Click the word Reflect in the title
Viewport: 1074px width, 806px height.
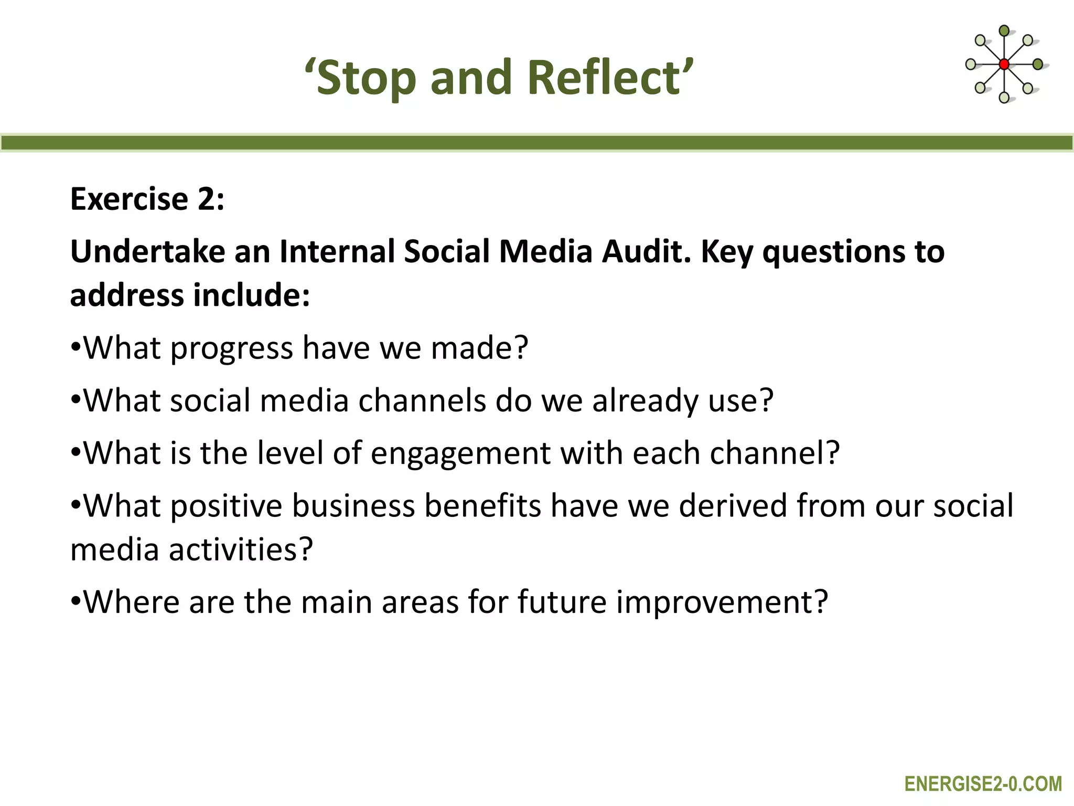click(x=604, y=78)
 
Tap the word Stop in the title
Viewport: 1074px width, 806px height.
click(x=367, y=79)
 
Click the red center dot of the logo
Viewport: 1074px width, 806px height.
click(x=1004, y=65)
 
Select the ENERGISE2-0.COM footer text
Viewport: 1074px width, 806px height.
click(x=983, y=784)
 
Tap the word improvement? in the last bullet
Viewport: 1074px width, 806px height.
click(x=722, y=602)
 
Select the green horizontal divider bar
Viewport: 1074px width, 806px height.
click(x=537, y=143)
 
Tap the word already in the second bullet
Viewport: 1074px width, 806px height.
click(x=645, y=401)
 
